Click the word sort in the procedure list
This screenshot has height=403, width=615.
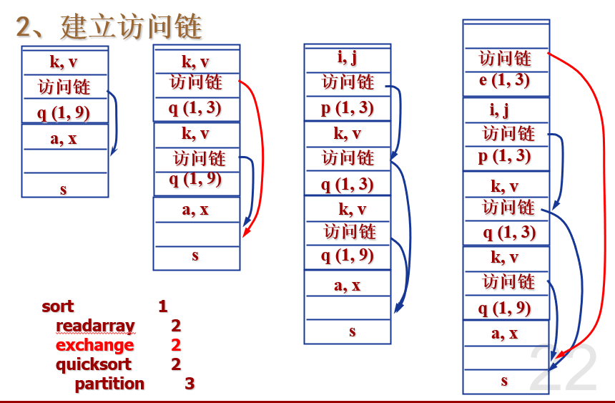(58, 306)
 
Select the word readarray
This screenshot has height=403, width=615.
(95, 326)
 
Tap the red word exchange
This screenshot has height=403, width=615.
(95, 345)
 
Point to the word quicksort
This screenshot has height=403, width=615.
(94, 364)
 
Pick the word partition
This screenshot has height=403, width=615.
(109, 384)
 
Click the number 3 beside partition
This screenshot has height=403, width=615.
(190, 384)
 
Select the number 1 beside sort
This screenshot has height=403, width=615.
(163, 306)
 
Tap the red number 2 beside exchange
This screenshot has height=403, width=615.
(176, 345)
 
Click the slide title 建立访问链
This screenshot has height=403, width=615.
(131, 26)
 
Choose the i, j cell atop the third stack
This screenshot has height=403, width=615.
(347, 58)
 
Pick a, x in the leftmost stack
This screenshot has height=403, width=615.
(64, 139)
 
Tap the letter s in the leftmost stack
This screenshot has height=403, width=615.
(64, 190)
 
